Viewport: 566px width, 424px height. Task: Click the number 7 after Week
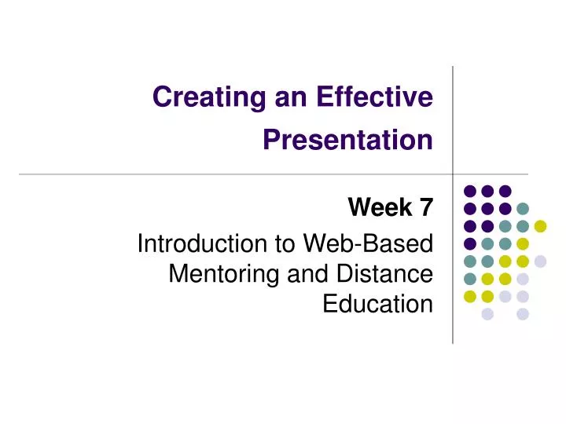pos(425,207)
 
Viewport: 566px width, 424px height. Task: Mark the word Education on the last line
pos(377,303)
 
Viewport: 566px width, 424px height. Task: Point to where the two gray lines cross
pos(453,174)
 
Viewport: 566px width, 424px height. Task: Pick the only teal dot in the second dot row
pos(523,209)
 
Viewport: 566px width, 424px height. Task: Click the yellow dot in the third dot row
pos(540,226)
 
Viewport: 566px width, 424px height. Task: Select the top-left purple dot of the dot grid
pos(469,191)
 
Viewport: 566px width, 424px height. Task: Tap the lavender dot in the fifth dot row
pos(540,261)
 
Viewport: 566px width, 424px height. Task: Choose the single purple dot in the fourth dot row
pos(469,243)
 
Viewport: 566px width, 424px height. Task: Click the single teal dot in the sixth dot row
pos(469,279)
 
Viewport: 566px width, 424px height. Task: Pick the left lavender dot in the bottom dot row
pos(487,314)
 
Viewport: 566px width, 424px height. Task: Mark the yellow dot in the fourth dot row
pos(523,243)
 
